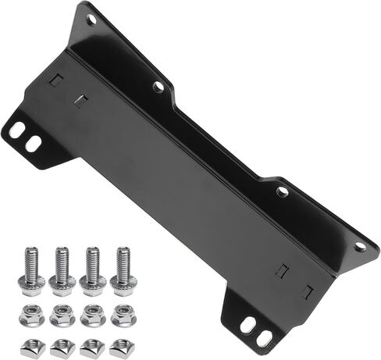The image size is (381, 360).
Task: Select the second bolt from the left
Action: click(62, 269)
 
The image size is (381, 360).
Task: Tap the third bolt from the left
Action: click(92, 269)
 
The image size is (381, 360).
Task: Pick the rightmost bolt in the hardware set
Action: click(123, 269)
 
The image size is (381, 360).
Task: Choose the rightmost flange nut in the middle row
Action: click(123, 316)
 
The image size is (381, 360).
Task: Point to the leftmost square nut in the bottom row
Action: click(30, 348)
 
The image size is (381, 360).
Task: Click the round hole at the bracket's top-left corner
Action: click(91, 20)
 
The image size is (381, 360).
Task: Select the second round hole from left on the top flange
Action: click(158, 87)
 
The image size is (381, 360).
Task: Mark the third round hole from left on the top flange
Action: click(283, 191)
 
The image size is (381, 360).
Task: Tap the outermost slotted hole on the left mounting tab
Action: click(17, 129)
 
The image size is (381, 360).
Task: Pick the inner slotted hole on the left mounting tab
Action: click(33, 144)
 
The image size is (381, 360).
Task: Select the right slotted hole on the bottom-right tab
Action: click(265, 337)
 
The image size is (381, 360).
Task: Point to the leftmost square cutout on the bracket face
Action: click(55, 80)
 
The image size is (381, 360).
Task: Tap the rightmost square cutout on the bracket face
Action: click(308, 291)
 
